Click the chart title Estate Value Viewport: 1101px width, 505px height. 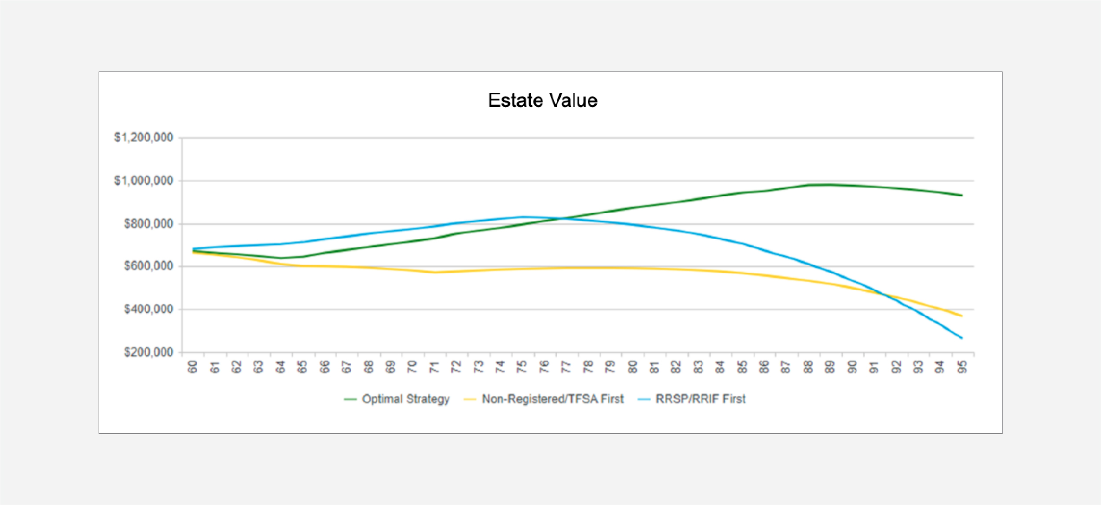coord(542,101)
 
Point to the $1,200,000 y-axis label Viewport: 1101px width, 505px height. coord(144,138)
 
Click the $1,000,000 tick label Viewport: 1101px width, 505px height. coord(144,181)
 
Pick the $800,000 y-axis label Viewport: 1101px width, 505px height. coord(148,224)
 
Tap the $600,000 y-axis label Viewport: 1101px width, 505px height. coord(148,266)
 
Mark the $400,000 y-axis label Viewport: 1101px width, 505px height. coord(148,309)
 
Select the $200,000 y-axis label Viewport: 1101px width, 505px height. coord(148,352)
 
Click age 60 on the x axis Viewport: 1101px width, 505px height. coord(193,367)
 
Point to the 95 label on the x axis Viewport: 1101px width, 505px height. coord(962,367)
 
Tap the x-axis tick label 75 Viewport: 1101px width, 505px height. coord(522,367)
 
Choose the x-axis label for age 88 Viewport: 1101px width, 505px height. coord(808,367)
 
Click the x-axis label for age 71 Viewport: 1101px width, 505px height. coord(435,367)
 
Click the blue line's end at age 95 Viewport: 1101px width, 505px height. coord(961,338)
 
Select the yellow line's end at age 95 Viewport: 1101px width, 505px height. coord(961,316)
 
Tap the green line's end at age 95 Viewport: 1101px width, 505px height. coord(961,195)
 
